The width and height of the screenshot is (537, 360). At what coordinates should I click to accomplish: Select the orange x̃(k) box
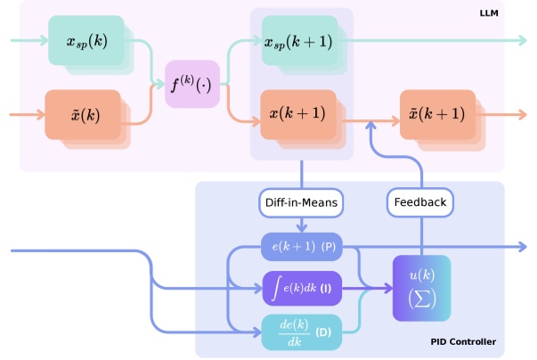click(x=82, y=114)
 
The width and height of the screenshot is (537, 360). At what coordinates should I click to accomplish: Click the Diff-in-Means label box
click(x=302, y=202)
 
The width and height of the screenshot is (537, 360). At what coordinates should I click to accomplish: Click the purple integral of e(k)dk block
click(x=302, y=287)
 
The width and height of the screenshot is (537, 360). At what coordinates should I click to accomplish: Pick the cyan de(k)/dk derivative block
click(x=302, y=331)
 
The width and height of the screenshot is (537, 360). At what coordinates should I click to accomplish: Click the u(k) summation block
click(x=421, y=287)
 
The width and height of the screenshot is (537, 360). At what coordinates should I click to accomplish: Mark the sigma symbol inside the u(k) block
click(x=421, y=299)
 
